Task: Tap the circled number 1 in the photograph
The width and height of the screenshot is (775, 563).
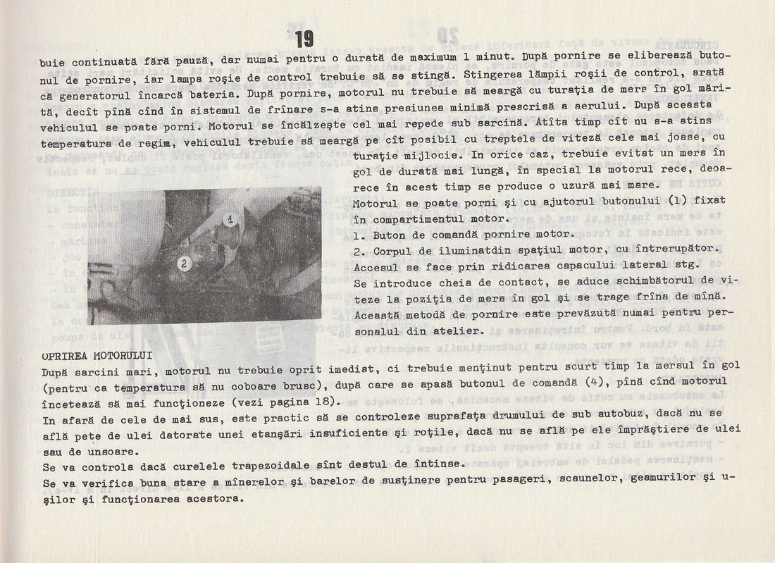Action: point(230,219)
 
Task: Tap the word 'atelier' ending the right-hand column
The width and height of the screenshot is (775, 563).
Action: point(462,330)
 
